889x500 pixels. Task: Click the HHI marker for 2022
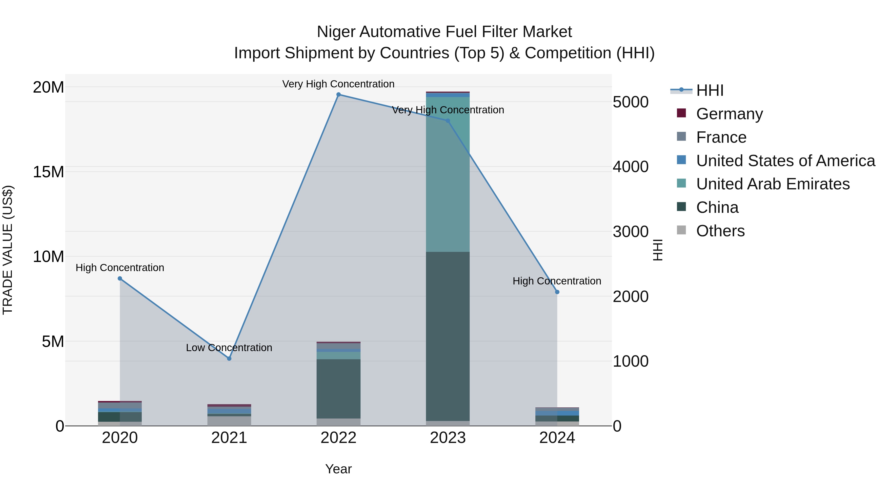tap(338, 95)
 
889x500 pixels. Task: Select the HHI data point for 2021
tap(229, 359)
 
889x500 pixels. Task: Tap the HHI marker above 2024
tap(557, 292)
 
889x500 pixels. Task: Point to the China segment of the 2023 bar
tap(448, 337)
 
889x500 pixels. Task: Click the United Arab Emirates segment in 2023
tap(448, 174)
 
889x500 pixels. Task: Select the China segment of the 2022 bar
tap(338, 389)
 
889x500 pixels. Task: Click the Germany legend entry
tap(729, 114)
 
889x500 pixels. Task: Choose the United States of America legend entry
tap(785, 161)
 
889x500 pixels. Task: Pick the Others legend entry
tap(720, 231)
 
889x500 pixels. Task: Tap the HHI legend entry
tap(709, 90)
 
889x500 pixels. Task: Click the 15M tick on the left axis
tap(48, 172)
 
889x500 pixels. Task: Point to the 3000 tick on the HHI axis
tap(630, 232)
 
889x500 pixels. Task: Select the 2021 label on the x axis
tap(229, 438)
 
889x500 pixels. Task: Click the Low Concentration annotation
tap(229, 347)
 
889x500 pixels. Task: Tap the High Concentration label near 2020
tap(120, 268)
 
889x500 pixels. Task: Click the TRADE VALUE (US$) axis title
tap(8, 250)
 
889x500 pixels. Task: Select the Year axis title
tap(338, 469)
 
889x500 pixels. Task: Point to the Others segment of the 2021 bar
tap(229, 421)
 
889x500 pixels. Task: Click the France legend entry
tap(721, 137)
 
